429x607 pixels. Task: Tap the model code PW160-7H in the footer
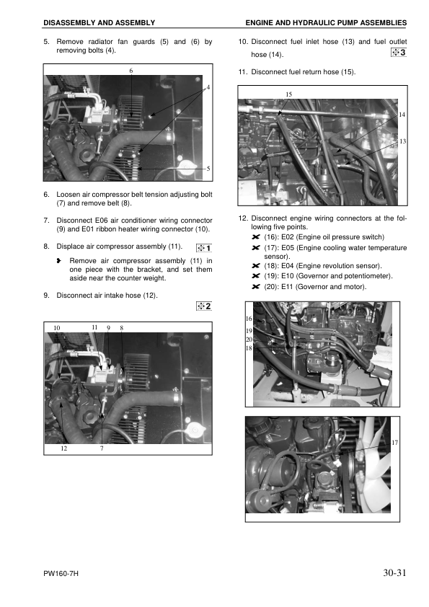pyautogui.click(x=61, y=575)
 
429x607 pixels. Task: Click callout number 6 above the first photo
pyautogui.click(x=131, y=71)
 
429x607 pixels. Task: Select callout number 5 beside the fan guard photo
pyautogui.click(x=208, y=169)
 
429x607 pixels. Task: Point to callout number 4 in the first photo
pyautogui.click(x=208, y=87)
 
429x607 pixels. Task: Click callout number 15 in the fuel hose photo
pyautogui.click(x=288, y=94)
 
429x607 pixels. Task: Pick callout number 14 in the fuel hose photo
pyautogui.click(x=402, y=115)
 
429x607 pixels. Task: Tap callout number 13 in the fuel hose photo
pyautogui.click(x=402, y=141)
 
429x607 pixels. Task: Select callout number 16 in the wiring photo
pyautogui.click(x=249, y=318)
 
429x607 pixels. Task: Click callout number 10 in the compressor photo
pyautogui.click(x=57, y=328)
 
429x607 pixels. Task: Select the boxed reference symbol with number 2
pyautogui.click(x=204, y=306)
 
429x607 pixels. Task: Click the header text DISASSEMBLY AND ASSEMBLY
pyautogui.click(x=99, y=24)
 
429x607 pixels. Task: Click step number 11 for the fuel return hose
pyautogui.click(x=242, y=72)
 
